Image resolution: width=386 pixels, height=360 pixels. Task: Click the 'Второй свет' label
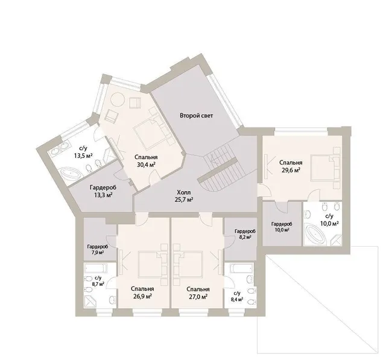tap(196, 115)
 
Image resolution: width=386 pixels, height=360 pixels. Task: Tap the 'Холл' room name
tap(183, 192)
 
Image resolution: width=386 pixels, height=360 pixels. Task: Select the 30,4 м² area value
tap(146, 165)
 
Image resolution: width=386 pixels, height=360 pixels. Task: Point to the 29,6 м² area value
tap(291, 170)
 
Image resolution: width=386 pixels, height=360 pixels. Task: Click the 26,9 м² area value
tap(142, 297)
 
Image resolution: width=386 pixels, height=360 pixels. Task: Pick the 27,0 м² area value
tap(198, 297)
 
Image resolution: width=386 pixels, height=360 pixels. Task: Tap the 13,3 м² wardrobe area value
tap(103, 195)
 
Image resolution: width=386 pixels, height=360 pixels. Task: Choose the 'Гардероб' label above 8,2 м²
tap(245, 232)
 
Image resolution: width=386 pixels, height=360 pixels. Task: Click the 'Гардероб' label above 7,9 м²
tap(98, 247)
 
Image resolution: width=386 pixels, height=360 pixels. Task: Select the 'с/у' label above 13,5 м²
tap(83, 148)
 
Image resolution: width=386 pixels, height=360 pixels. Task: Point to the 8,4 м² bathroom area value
tap(236, 300)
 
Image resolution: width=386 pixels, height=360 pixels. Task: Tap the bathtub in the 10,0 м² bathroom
tap(315, 235)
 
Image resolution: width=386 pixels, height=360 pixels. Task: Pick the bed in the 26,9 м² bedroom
tap(150, 264)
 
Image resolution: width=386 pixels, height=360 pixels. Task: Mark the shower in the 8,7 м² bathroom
tap(91, 301)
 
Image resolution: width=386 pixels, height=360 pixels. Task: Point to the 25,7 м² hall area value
tap(183, 200)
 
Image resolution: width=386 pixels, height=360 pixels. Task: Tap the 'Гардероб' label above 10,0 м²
tap(282, 224)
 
